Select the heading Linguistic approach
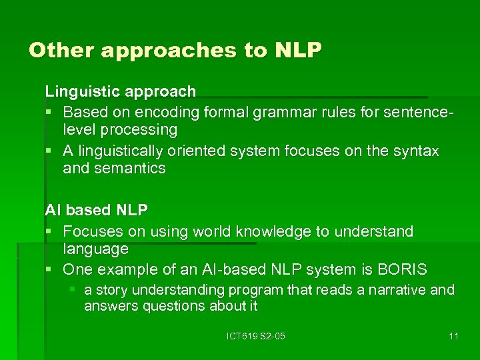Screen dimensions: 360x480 (120, 91)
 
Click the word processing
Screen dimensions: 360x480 (139, 129)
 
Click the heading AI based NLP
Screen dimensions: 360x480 (96, 209)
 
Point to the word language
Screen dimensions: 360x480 (95, 249)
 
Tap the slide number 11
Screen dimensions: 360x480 (453, 336)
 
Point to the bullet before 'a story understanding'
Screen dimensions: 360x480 (73, 290)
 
